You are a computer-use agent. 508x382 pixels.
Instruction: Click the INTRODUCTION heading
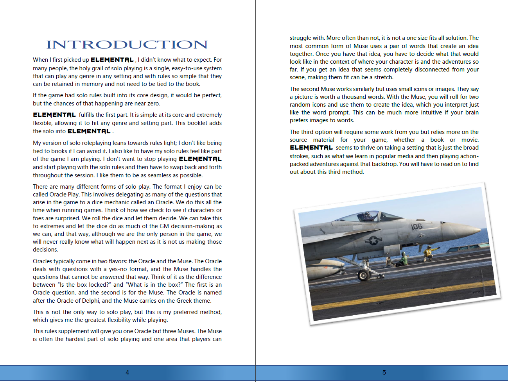(127, 45)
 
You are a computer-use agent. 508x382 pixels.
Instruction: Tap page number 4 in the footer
(127, 373)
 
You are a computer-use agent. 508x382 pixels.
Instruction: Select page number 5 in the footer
(384, 373)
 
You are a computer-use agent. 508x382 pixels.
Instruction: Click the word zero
(153, 104)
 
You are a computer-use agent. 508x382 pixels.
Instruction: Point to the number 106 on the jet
(416, 227)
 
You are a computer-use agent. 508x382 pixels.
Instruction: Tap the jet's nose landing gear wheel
(364, 275)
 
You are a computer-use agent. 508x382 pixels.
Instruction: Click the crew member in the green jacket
(404, 259)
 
